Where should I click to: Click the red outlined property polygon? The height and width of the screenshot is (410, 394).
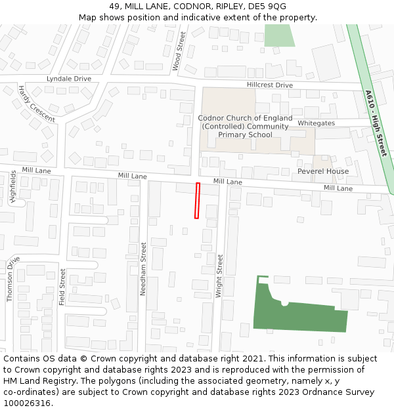(x=197, y=201)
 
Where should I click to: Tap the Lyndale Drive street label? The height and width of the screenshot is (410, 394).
(x=69, y=79)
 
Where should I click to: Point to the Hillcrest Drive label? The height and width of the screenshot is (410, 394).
(x=269, y=85)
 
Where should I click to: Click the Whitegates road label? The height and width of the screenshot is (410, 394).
(x=316, y=123)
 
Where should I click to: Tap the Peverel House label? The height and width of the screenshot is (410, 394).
(x=323, y=171)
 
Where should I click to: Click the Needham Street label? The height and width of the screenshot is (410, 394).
(x=143, y=268)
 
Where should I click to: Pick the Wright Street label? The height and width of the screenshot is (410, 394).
(x=220, y=276)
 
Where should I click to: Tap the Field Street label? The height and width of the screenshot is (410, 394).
(x=63, y=287)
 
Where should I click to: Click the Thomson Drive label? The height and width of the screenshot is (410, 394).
(x=10, y=278)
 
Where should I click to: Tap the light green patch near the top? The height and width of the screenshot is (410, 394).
(x=278, y=36)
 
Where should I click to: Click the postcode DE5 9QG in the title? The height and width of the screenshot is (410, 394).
(x=265, y=7)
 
